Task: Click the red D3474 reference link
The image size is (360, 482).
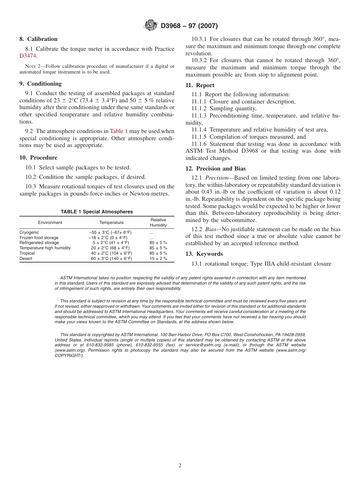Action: pos(28,56)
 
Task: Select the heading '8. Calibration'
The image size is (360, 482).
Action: pos(38,39)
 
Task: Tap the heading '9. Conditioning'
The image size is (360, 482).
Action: pos(40,84)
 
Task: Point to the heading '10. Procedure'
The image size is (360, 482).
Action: pos(38,158)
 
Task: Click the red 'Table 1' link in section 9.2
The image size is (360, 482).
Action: pos(119,131)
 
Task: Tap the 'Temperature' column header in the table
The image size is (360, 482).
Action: pos(111,222)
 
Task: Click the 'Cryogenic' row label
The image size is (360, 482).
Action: pos(29,232)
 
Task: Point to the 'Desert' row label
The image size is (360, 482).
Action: pos(26,258)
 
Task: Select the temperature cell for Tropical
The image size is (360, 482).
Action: pos(111,253)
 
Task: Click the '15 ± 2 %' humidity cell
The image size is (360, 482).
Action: pos(158,258)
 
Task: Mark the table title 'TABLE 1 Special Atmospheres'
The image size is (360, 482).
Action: pos(97,212)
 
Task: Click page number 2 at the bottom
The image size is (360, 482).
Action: pos(180,466)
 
